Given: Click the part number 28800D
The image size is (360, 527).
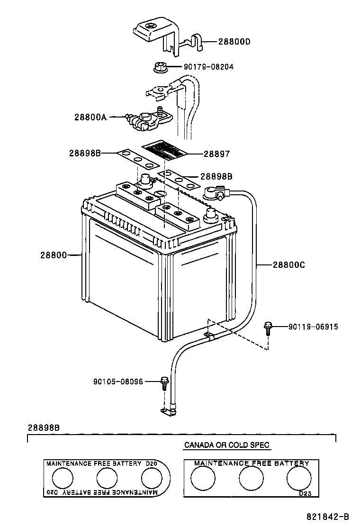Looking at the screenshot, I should (234, 42).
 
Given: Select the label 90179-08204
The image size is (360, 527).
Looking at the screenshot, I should (208, 67).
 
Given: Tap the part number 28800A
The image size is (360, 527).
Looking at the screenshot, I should (90, 117).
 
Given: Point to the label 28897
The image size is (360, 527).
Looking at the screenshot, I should (216, 154).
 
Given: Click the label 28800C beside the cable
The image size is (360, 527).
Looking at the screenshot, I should (288, 265).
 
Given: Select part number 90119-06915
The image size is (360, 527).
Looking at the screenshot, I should (313, 327).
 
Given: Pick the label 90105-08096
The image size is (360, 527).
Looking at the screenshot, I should (118, 381).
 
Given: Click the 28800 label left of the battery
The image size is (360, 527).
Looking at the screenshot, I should (54, 255).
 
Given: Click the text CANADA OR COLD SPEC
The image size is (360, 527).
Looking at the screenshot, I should (226, 445).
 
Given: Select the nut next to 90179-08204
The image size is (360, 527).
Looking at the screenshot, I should (160, 67).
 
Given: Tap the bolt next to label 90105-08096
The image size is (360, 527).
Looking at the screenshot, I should (164, 382).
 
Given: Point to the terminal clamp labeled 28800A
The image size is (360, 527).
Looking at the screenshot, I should (144, 120).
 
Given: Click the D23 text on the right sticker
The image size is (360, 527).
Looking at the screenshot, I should (306, 493).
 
